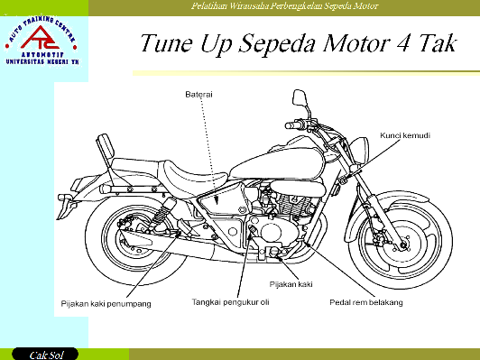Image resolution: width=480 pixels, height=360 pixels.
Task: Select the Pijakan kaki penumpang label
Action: pos(106,303)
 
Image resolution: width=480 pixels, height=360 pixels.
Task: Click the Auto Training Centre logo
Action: pos(43,41)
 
